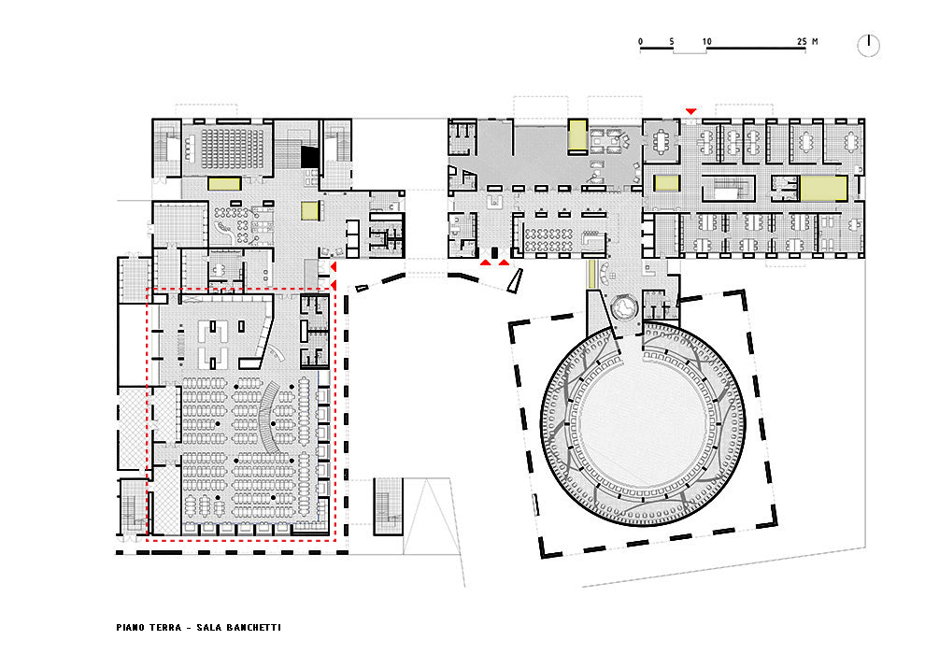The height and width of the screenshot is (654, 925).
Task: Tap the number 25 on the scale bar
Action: (x=801, y=42)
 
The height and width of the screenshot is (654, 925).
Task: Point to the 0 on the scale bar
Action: (x=640, y=42)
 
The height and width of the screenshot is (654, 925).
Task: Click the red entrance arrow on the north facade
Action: (x=690, y=112)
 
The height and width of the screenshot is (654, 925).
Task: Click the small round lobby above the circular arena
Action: (x=624, y=306)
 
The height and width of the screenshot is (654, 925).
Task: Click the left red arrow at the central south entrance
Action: (x=485, y=263)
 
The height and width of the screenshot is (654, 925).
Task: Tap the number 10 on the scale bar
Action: (x=707, y=42)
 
